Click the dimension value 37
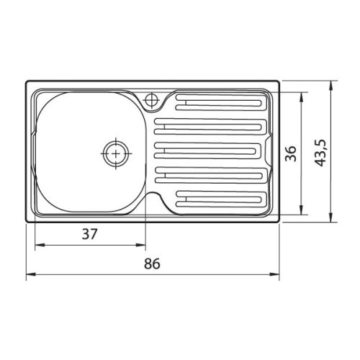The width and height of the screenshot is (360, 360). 89,234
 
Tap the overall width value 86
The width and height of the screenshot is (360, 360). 151,264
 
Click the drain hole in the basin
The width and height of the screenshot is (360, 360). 114,153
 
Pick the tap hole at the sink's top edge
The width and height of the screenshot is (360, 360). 152,100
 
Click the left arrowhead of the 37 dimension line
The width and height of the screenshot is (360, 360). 37,246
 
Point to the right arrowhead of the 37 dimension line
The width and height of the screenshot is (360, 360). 143,246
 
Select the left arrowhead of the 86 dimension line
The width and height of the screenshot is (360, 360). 30,275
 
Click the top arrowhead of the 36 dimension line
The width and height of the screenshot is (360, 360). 302,94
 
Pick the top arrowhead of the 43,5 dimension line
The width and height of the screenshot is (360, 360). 331,84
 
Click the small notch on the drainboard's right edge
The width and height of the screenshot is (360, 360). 268,151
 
